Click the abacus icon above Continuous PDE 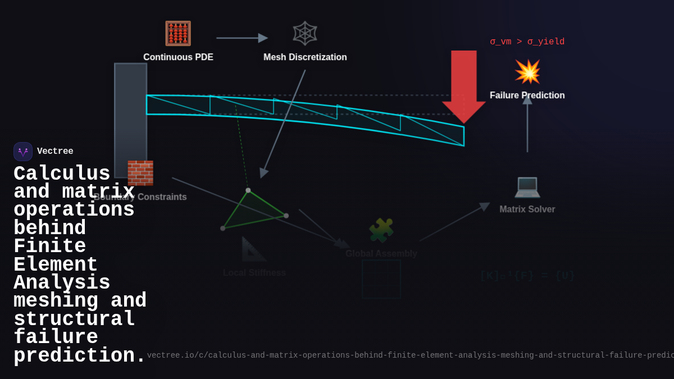pos(178,33)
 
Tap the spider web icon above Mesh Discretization pos(305,33)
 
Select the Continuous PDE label pos(178,57)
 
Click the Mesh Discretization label pos(305,57)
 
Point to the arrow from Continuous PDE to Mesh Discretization pos(242,38)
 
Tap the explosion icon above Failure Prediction pos(527,72)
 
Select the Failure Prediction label pos(527,95)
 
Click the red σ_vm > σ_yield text pos(527,42)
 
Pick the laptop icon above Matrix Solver pos(527,186)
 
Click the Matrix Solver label pos(527,209)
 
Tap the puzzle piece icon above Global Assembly pos(381,230)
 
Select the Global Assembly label pos(381,254)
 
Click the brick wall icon pos(140,173)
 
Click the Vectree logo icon pos(23,152)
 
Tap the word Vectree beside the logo pos(55,152)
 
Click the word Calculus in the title pos(62,173)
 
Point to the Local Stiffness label pos(254,273)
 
